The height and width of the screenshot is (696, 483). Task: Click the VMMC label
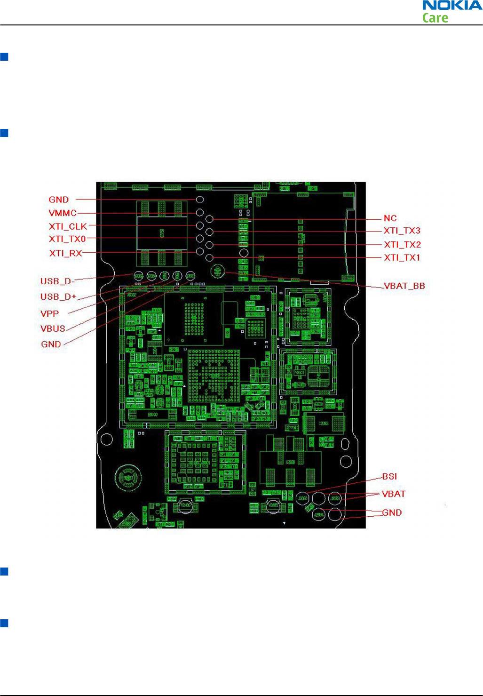pos(63,213)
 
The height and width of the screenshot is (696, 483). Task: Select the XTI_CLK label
pos(68,226)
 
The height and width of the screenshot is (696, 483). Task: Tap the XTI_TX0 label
pos(67,239)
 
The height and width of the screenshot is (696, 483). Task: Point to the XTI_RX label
pos(66,253)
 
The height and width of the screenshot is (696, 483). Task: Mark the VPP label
pos(50,313)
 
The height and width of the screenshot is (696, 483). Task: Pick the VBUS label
pos(53,328)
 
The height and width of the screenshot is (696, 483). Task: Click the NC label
pos(390,218)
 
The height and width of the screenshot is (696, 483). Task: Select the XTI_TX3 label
pos(402,231)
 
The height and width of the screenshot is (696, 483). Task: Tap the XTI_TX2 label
pos(403,245)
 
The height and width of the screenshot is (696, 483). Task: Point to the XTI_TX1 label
pos(402,257)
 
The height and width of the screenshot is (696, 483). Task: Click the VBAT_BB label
pos(404,286)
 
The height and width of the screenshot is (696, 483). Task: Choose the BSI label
pos(389,477)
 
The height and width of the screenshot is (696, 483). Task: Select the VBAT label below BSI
pos(394,494)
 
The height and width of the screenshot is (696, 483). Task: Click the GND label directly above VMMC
pos(59,200)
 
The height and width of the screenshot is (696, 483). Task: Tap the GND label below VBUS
pos(51,344)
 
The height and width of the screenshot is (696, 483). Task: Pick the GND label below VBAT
pos(392,513)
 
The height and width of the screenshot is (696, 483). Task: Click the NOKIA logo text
pos(452,6)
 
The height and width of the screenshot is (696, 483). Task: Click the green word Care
pos(435,18)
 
